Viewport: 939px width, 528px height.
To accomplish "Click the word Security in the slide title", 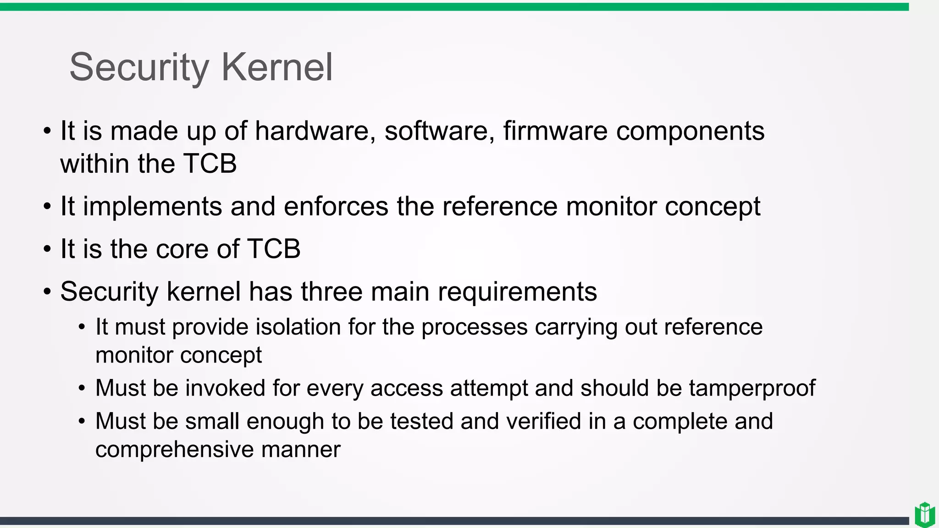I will (139, 67).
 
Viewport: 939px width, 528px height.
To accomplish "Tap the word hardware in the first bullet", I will (312, 131).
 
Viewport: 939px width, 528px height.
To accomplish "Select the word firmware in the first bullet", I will (555, 131).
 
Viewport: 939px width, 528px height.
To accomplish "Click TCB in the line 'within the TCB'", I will (210, 164).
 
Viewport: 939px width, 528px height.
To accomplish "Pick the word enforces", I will (336, 206).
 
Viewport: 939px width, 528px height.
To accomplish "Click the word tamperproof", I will (752, 388).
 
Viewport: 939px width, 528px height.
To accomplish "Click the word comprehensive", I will (175, 450).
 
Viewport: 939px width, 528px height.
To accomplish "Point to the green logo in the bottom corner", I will (924, 515).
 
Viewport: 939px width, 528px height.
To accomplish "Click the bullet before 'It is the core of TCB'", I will (47, 250).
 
